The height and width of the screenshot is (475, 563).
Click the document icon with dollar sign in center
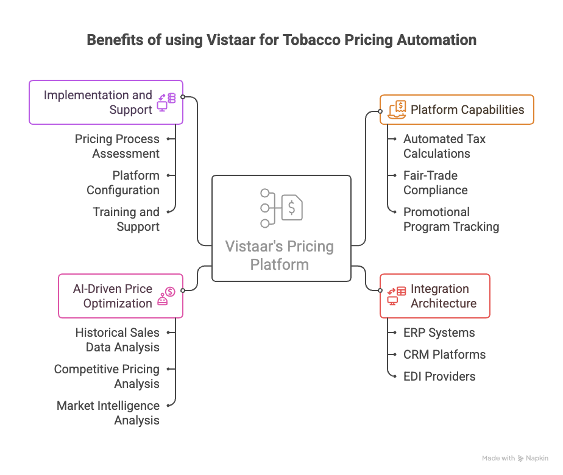(291, 208)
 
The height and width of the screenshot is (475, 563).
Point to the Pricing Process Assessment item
(117, 146)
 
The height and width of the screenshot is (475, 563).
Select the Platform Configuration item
(122, 183)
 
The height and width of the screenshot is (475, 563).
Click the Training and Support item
(126, 219)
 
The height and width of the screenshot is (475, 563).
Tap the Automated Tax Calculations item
(444, 146)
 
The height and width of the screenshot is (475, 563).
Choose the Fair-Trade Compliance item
(436, 183)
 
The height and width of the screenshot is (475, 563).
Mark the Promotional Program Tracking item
(451, 219)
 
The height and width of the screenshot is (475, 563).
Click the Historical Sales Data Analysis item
(118, 340)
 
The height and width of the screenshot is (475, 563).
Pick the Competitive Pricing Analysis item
(107, 376)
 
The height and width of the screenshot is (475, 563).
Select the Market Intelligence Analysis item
(108, 413)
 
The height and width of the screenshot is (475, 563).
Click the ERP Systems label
(439, 332)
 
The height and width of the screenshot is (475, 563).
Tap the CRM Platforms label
(444, 354)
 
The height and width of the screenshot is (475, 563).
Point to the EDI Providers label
(439, 376)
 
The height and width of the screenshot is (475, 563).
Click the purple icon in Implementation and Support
(166, 102)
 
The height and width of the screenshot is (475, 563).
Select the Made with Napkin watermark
(515, 458)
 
